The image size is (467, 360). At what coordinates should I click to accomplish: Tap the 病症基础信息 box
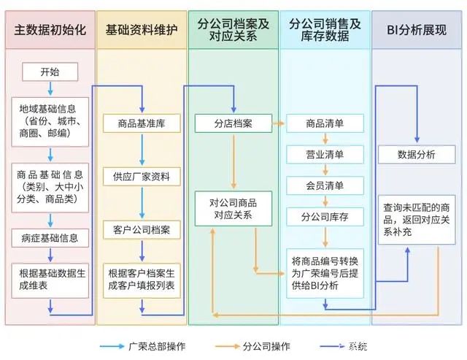pyautogui.click(x=50, y=237)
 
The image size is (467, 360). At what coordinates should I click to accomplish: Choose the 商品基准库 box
pyautogui.click(x=142, y=123)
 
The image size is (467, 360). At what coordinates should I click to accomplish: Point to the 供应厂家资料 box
pyautogui.click(x=142, y=176)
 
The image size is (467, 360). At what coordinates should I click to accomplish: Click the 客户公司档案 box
pyautogui.click(x=142, y=230)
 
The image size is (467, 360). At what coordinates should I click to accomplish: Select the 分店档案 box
pyautogui.click(x=233, y=123)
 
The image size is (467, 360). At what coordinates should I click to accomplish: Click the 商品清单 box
pyautogui.click(x=325, y=123)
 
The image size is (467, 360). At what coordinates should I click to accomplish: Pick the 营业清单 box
pyautogui.click(x=325, y=155)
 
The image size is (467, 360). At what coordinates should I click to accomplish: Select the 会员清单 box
pyautogui.click(x=325, y=185)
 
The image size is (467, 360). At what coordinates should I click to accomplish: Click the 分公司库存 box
pyautogui.click(x=325, y=217)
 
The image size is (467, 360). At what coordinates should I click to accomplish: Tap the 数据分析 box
pyautogui.click(x=416, y=154)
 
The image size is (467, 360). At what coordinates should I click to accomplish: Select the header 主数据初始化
pyautogui.click(x=50, y=30)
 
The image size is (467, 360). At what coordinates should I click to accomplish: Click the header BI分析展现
pyautogui.click(x=417, y=30)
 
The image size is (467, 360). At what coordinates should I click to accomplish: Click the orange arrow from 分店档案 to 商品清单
pyautogui.click(x=278, y=123)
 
